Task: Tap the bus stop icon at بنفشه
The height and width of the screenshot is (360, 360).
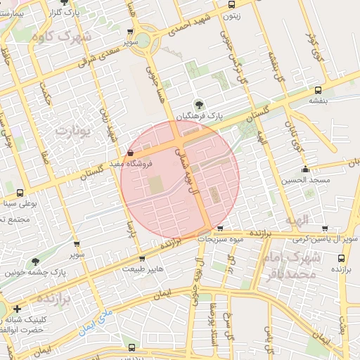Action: coord(319,90)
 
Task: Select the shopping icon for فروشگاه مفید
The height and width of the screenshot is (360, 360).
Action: coord(129,153)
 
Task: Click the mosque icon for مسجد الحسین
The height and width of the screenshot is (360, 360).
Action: coord(305,169)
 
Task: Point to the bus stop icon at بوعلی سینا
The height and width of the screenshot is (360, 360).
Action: coord(19,193)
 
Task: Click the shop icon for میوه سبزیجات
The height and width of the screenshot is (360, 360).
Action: coord(221,229)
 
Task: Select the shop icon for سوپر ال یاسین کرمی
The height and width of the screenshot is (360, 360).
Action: coord(324,229)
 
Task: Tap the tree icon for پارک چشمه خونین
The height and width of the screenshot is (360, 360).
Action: coord(35,262)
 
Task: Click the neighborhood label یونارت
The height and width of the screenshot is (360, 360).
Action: coord(74,131)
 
